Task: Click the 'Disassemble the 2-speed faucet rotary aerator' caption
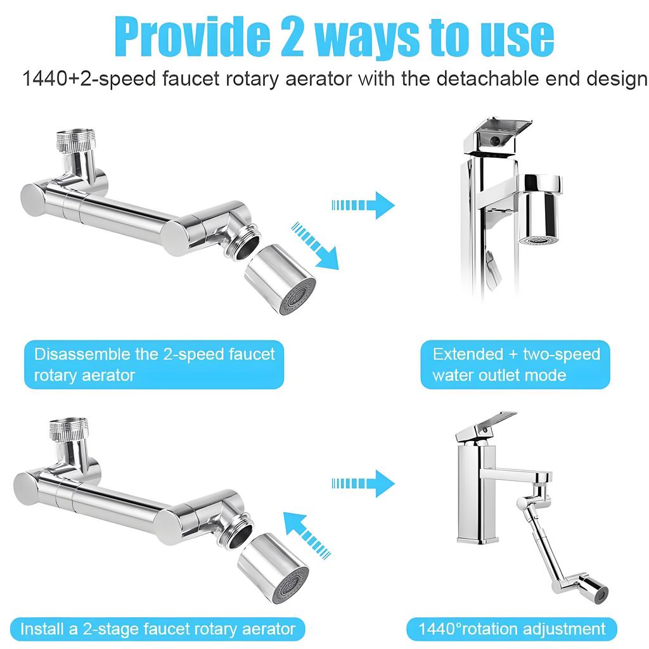155,364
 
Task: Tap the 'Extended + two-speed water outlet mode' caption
516,364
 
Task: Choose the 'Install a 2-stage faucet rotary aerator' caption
158,629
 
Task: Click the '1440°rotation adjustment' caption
511,629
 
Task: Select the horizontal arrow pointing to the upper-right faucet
363,205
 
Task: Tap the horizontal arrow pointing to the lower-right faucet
363,483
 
